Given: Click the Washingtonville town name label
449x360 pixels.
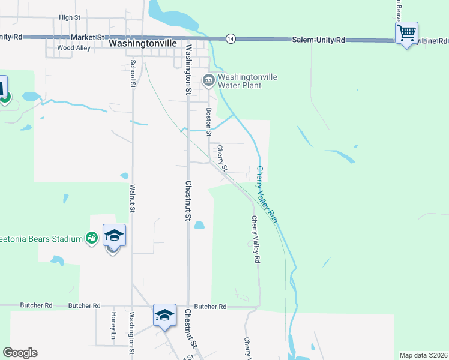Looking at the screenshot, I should pos(144,44).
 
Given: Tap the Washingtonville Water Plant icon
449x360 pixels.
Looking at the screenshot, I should pos(209,80).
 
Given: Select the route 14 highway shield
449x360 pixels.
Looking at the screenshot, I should pos(231,38).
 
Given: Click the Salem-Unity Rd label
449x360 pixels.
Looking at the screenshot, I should pos(319,39).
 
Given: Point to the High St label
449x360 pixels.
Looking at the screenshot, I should pos(70,18).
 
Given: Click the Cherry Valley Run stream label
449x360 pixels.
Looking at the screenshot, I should pos(267,195).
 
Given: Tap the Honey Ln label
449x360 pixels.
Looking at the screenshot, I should pos(113,325).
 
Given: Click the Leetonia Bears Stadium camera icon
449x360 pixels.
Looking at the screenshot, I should pos(91,239).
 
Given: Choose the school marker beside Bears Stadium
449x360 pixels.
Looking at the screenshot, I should pos(114,236).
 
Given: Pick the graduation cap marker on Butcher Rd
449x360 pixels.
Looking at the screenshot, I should pos(164,315).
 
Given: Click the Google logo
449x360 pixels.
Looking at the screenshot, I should pos(20,353).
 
